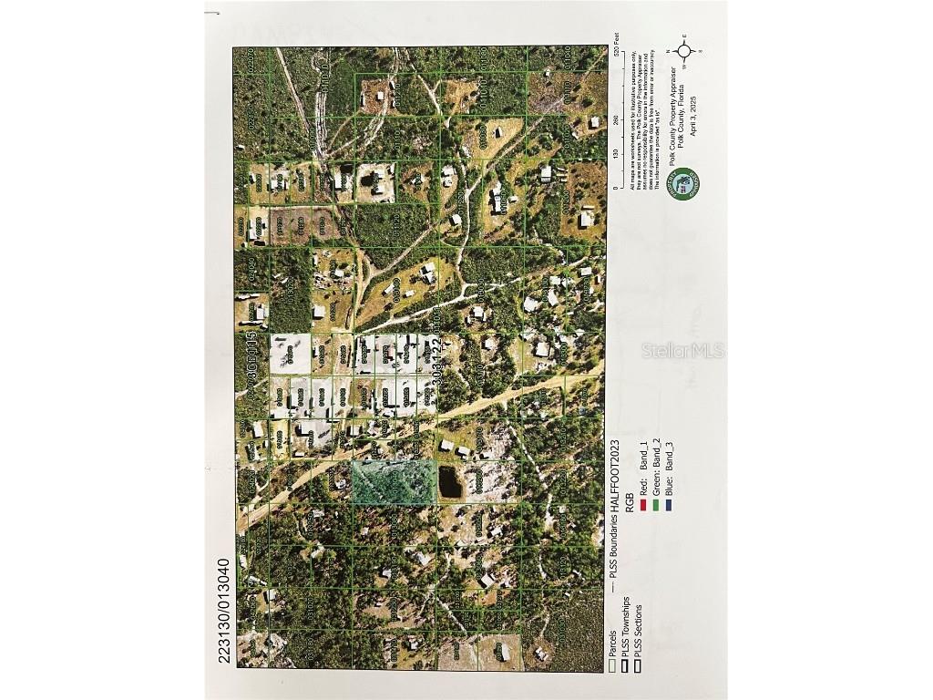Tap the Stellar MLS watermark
coord(682,350)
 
